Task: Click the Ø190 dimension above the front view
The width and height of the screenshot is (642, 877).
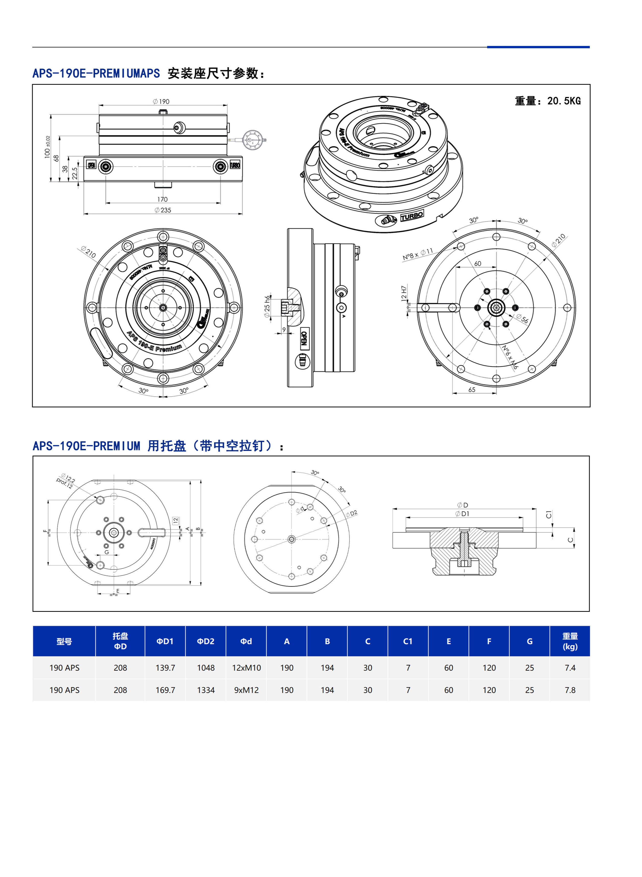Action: click(x=161, y=101)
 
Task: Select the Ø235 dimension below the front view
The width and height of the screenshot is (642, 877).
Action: click(x=163, y=210)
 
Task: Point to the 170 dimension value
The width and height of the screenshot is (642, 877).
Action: click(x=162, y=199)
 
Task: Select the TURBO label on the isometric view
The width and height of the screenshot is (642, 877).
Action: click(x=412, y=216)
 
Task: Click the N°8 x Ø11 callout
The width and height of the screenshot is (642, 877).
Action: click(x=418, y=254)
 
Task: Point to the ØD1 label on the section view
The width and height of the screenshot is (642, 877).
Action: click(x=463, y=514)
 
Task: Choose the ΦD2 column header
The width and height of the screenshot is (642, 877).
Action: click(x=205, y=641)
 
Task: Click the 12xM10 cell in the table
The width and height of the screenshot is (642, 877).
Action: click(x=246, y=667)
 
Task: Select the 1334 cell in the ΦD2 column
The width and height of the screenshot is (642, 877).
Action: click(x=205, y=690)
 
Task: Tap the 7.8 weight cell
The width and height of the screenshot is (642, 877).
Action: click(x=570, y=690)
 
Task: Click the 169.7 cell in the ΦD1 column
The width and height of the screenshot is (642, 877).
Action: click(x=165, y=690)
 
